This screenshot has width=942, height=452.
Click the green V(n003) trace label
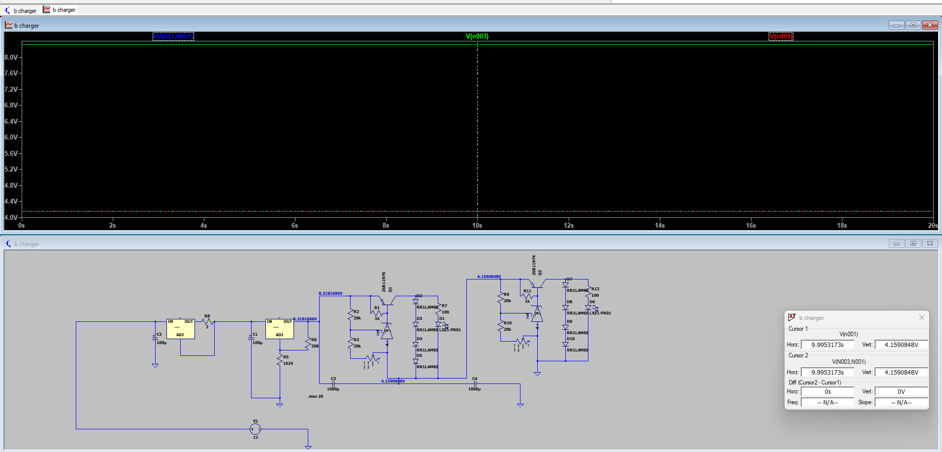coord(477,36)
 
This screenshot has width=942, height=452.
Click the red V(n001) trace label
coord(781,36)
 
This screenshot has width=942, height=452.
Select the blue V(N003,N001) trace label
coord(173,36)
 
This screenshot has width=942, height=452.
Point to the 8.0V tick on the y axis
coord(11,57)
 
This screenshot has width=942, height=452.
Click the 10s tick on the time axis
coord(477,225)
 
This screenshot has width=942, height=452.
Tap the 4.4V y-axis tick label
coord(11,201)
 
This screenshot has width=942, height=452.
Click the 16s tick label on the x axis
coord(750,225)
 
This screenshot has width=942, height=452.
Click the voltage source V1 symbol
coord(255,429)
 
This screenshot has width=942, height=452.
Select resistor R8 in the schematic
coord(208,321)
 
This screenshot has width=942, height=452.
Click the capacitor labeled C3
coord(333,383)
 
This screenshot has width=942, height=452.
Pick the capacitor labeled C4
coord(475,383)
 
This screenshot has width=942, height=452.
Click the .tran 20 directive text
coord(316,396)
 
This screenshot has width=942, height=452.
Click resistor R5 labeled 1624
coord(280,360)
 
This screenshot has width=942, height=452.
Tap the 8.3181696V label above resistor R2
coord(330,293)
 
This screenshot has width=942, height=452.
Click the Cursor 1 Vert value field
coord(901,345)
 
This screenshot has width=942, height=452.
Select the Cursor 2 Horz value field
coord(827,372)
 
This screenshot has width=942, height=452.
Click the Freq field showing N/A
coord(827,402)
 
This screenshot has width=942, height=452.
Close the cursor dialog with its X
coord(921,317)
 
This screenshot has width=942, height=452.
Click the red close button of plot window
coord(930,25)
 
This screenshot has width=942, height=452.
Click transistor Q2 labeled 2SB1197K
coord(538,284)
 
